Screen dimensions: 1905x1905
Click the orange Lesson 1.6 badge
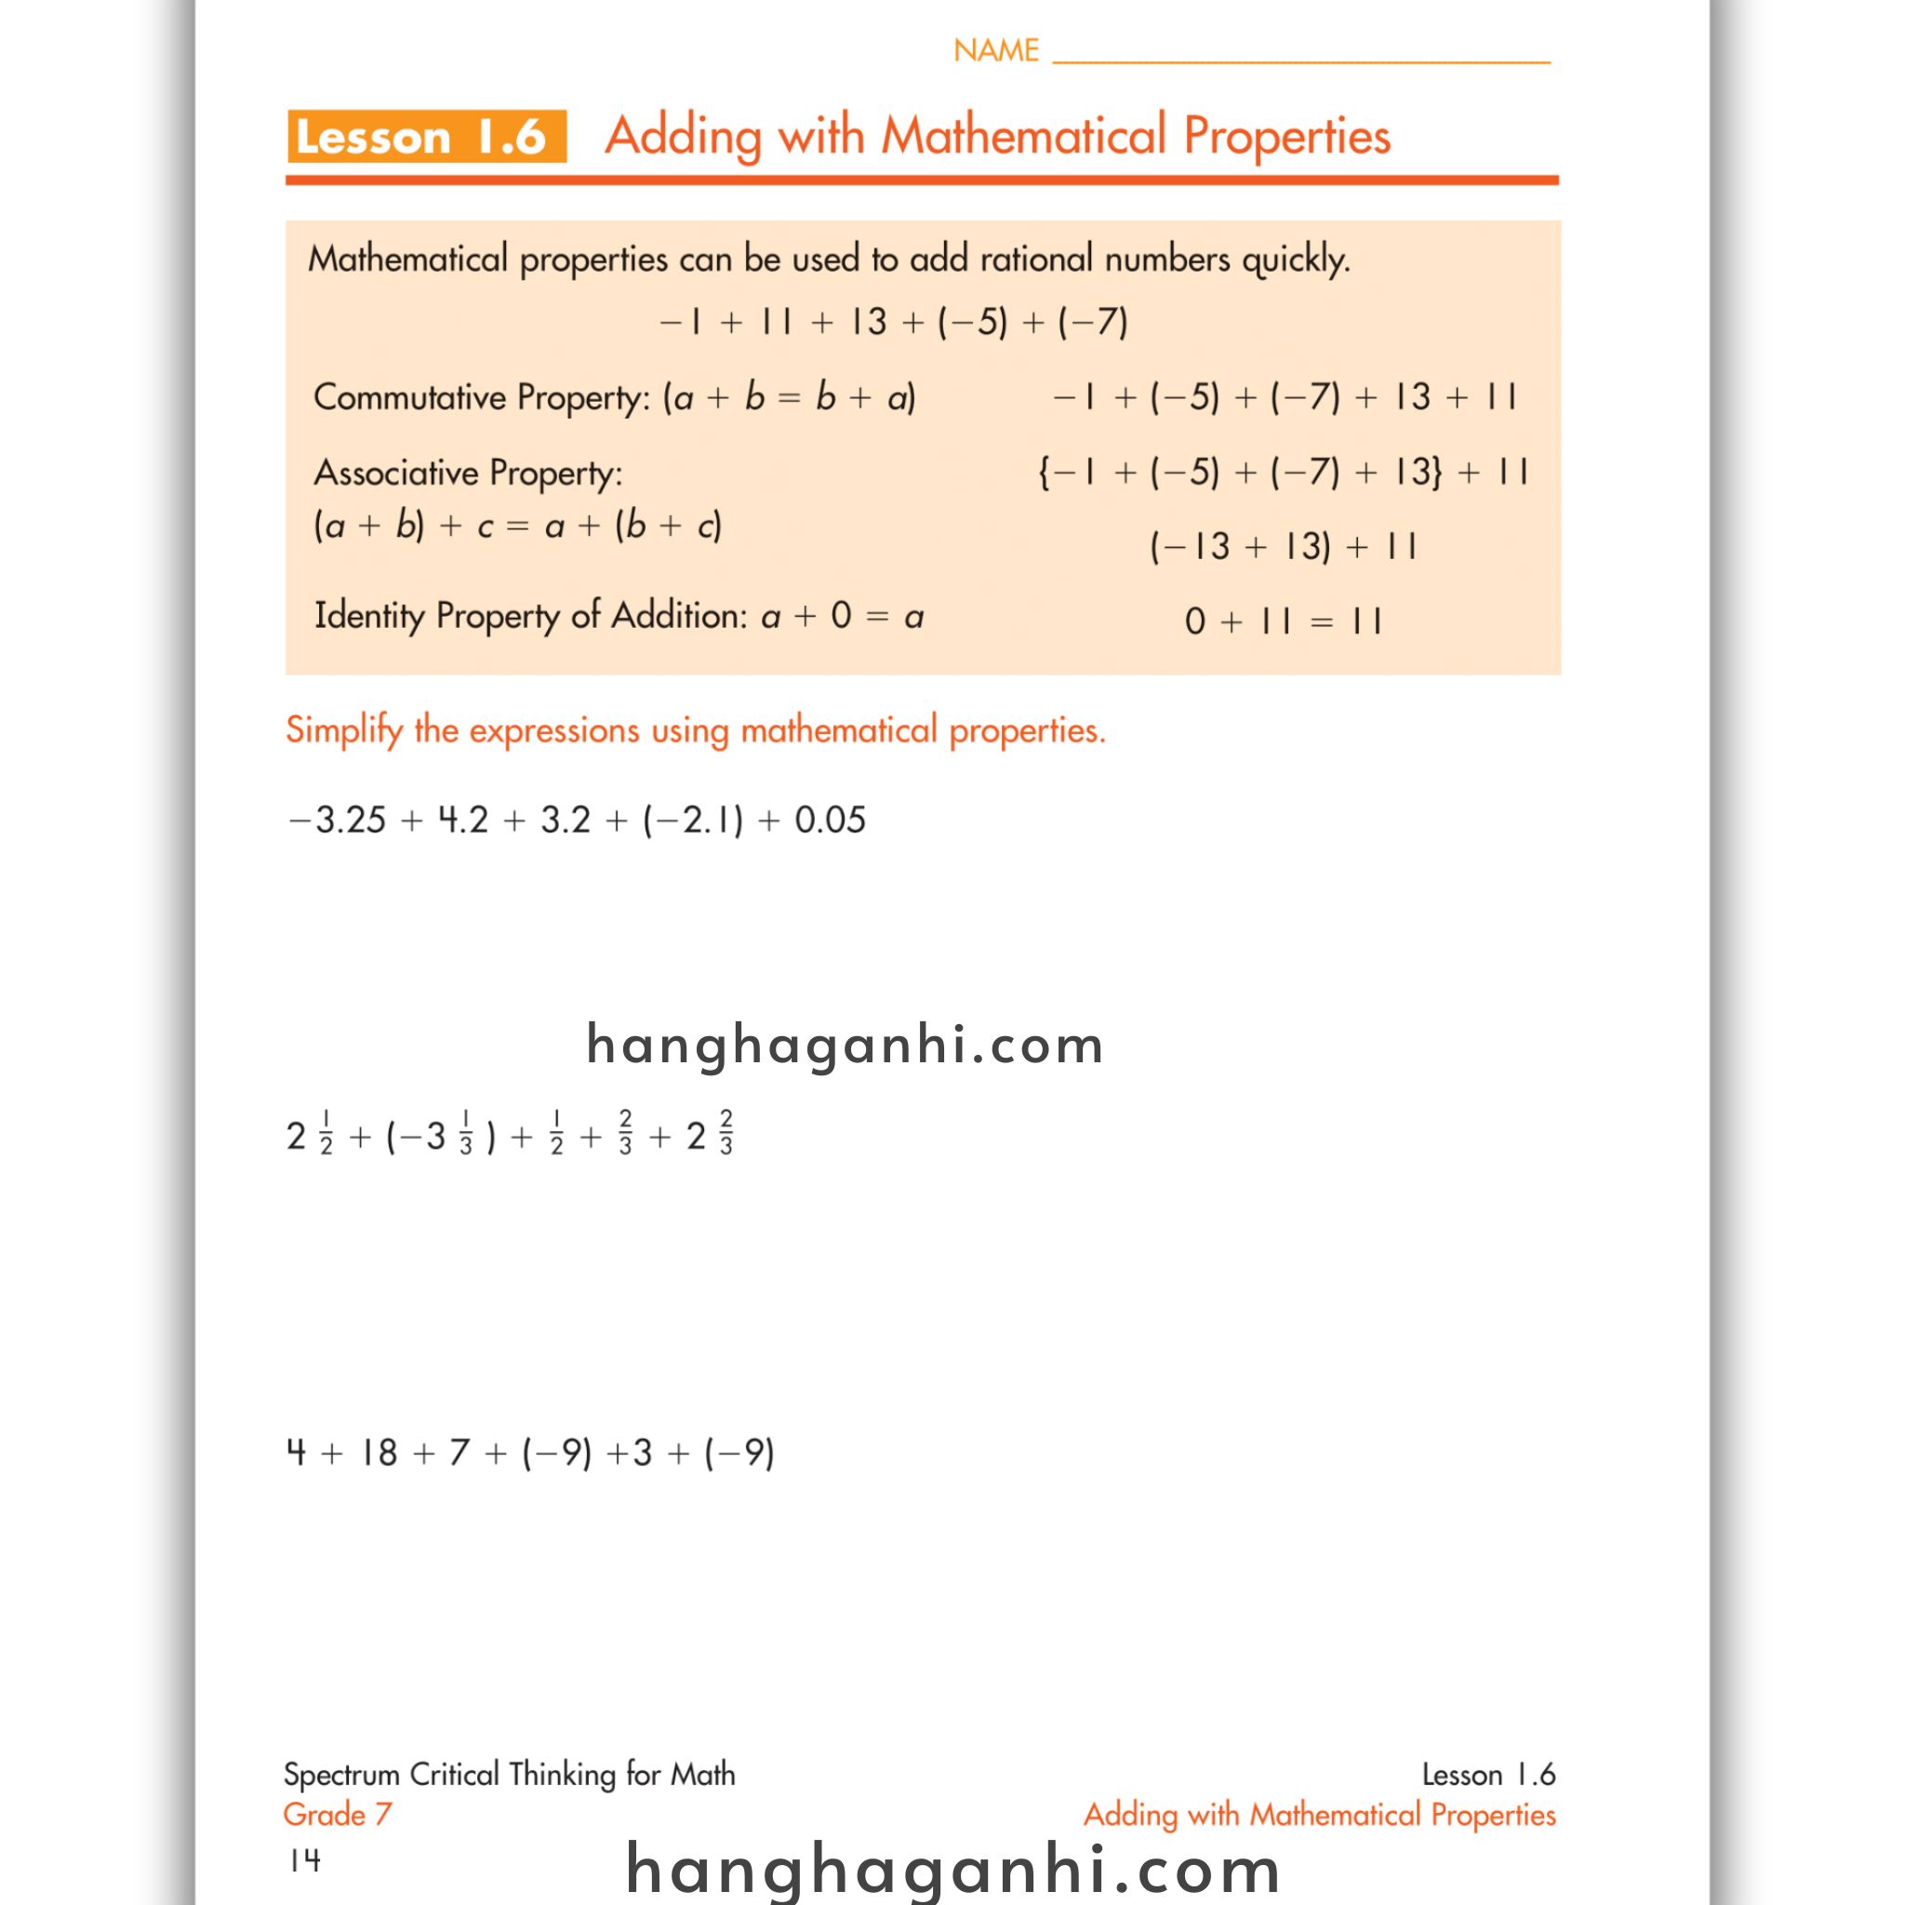coord(426,136)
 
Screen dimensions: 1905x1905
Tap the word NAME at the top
coord(996,50)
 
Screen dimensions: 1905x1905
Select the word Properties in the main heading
coord(1286,136)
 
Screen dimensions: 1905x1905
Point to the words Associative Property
coord(467,473)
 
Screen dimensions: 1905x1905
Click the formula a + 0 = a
coord(842,617)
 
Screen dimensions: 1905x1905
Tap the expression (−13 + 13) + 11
coord(1283,546)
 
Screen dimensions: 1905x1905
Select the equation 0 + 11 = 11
coord(1283,621)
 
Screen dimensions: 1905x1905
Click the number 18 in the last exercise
coord(378,1452)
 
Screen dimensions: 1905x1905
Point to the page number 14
coord(305,1860)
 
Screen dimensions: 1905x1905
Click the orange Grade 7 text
coord(338,1814)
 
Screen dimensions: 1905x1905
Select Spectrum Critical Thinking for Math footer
coord(509,1775)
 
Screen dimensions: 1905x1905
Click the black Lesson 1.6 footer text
coord(1488,1775)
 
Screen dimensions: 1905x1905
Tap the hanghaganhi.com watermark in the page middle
coord(844,1045)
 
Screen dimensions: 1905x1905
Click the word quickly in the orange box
coord(1295,260)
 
